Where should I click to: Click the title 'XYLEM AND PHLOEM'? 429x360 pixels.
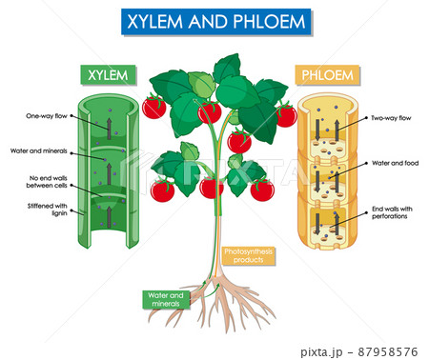pos(214,22)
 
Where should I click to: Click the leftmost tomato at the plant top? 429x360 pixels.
pos(153,107)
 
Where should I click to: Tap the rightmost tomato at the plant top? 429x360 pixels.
pos(286,116)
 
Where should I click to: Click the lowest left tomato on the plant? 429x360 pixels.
pos(163,190)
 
